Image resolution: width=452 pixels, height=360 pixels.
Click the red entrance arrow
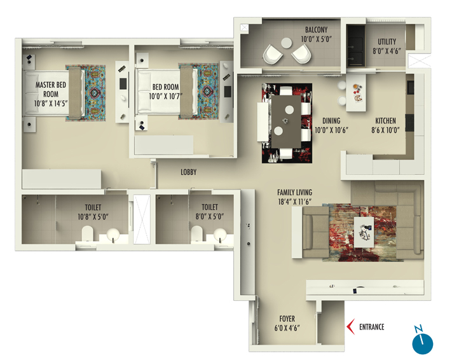[350, 327]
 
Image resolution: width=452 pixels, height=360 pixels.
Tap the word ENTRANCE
[371, 327]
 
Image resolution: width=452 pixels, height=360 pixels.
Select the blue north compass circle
[423, 344]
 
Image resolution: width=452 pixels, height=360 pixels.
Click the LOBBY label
[189, 172]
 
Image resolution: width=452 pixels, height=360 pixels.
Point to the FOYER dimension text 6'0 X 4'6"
[287, 328]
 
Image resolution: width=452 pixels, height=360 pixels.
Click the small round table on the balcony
[287, 43]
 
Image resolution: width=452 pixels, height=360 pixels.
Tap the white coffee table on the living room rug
[364, 232]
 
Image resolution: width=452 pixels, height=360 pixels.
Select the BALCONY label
[316, 30]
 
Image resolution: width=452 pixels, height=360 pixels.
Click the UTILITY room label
[387, 42]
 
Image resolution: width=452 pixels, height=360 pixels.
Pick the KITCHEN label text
[385, 121]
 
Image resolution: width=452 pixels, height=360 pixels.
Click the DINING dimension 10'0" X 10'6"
[331, 130]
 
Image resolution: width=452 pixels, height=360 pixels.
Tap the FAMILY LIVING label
[294, 193]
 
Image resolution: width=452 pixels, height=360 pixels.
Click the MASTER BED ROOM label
[51, 90]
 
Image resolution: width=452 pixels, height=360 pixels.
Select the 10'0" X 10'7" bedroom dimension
[166, 96]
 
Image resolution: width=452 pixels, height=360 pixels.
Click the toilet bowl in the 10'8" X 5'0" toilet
[88, 233]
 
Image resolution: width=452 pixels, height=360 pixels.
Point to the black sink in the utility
[356, 46]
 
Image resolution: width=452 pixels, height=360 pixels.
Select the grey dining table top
[286, 121]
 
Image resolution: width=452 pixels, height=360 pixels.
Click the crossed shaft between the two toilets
[142, 219]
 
